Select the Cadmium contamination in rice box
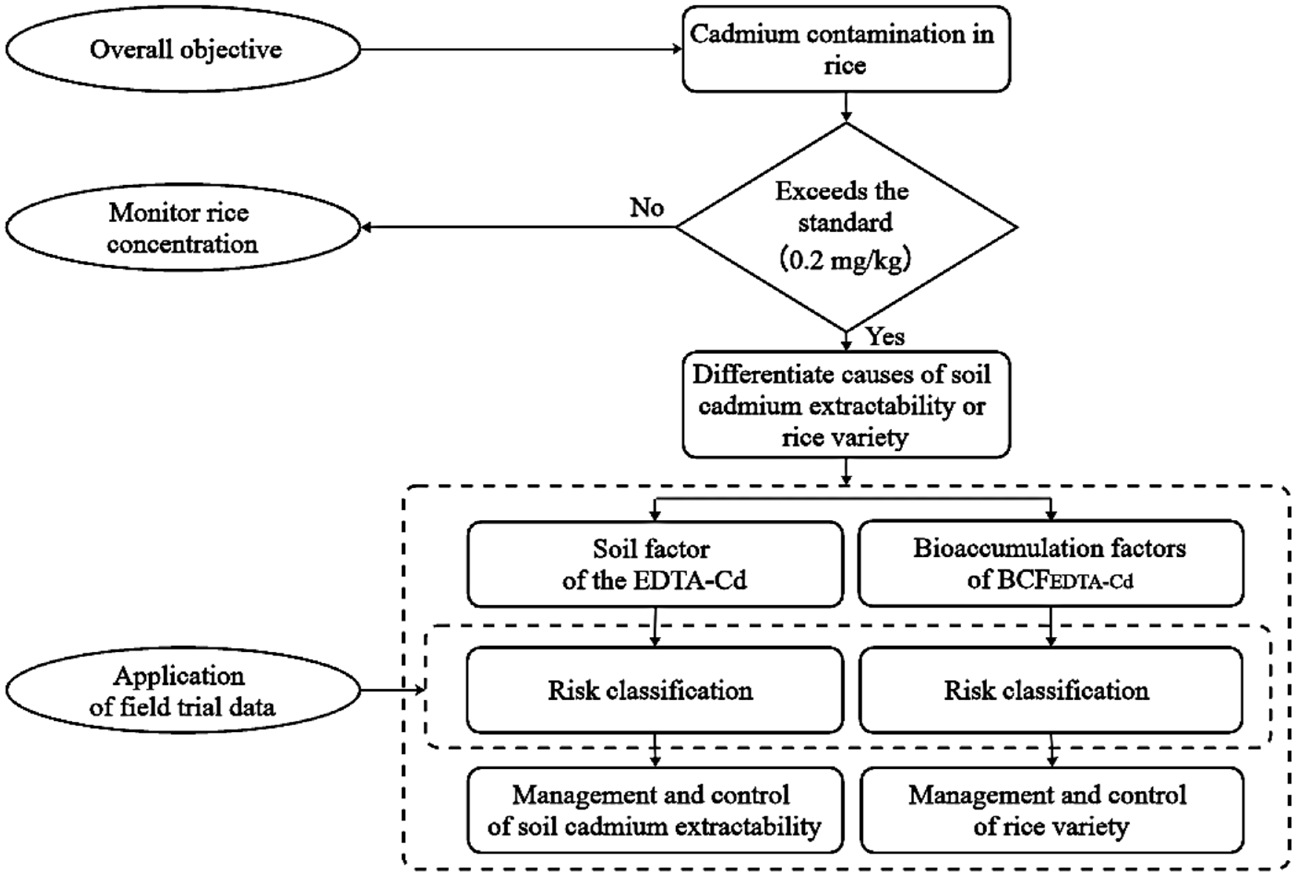[x=846, y=49]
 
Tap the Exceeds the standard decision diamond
[x=846, y=227]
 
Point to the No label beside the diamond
[x=647, y=208]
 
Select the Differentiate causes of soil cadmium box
[x=846, y=405]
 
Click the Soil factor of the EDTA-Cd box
[x=655, y=564]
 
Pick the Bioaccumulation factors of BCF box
[x=1051, y=564]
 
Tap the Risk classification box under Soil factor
[x=655, y=690]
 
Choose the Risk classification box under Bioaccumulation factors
[x=1051, y=690]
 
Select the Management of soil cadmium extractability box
[x=655, y=810]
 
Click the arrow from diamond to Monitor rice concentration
[x=519, y=227]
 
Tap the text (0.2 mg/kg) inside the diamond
[x=846, y=260]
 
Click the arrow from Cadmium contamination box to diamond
[x=846, y=107]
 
